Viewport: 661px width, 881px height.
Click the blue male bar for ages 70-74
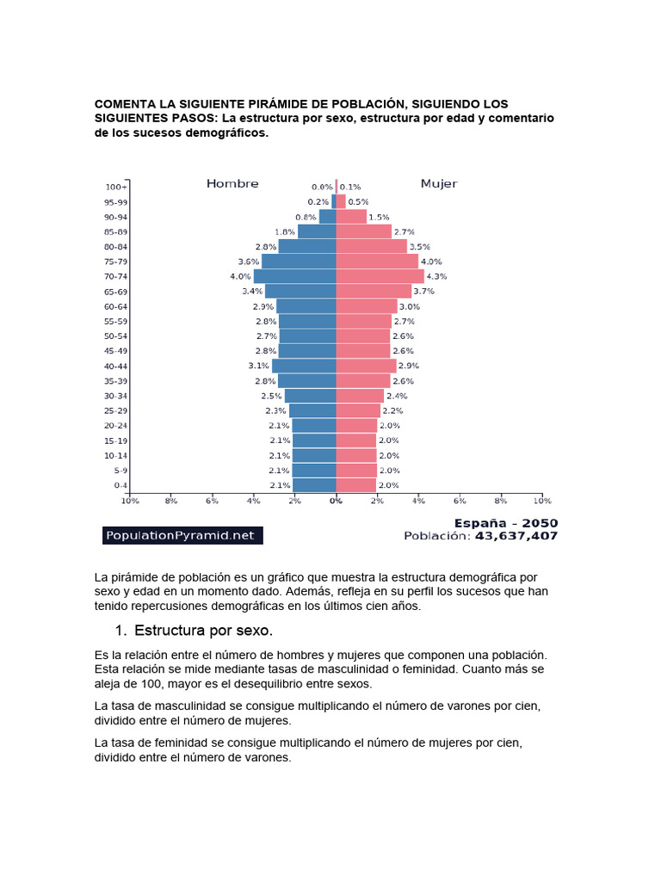pyautogui.click(x=295, y=276)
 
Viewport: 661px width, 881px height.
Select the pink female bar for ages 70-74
pyautogui.click(x=380, y=276)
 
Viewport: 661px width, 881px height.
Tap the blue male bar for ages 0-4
pyautogui.click(x=314, y=485)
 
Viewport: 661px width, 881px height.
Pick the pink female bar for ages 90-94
pyautogui.click(x=351, y=217)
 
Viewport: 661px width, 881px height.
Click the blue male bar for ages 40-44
pyautogui.click(x=304, y=366)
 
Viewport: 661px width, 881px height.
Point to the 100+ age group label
pyautogui.click(x=116, y=187)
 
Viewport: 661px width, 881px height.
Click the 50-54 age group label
pyautogui.click(x=116, y=336)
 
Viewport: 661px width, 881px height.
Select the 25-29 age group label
pyautogui.click(x=116, y=410)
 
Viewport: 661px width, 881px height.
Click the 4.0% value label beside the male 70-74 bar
pyautogui.click(x=240, y=276)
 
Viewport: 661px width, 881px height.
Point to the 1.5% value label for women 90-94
pyautogui.click(x=379, y=217)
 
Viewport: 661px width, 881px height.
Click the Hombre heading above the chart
pyautogui.click(x=232, y=183)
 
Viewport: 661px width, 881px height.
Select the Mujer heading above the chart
pyautogui.click(x=438, y=183)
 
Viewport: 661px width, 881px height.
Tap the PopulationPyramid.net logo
pyautogui.click(x=182, y=535)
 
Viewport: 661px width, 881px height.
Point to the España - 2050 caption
pyautogui.click(x=505, y=522)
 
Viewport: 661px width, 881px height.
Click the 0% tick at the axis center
pyautogui.click(x=337, y=500)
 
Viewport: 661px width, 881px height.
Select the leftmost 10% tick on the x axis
pyautogui.click(x=129, y=500)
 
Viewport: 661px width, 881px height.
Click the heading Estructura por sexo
pyautogui.click(x=203, y=630)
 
